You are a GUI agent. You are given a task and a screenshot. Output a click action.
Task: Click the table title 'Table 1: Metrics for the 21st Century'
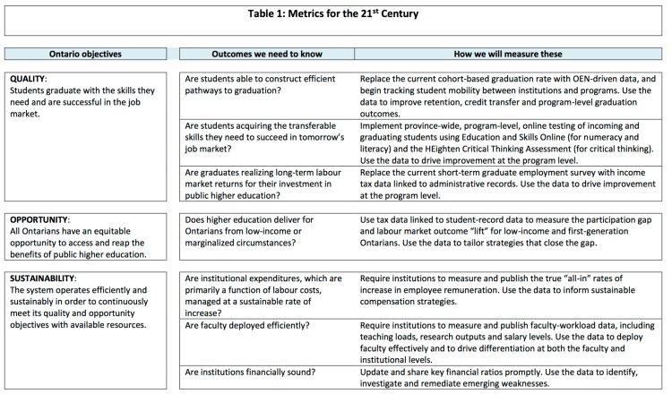pos(335,13)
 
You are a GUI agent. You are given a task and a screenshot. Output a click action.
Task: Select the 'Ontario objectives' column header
pos(86,55)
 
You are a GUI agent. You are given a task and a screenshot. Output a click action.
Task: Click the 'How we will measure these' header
pos(507,55)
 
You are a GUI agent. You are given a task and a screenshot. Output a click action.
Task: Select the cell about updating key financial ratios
pos(507,376)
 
